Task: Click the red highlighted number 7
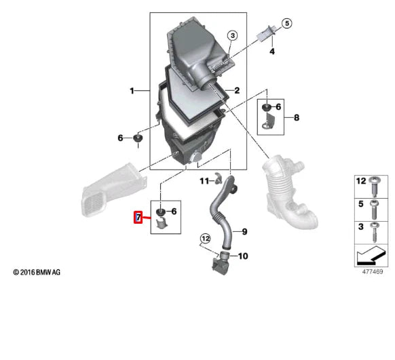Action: tap(138, 218)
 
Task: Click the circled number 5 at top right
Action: tap(286, 23)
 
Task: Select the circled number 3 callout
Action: tap(231, 35)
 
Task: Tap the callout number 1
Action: tap(134, 90)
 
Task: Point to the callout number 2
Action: tap(238, 90)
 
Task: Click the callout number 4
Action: tap(271, 52)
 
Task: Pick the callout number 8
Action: tap(296, 117)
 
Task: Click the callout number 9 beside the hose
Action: tap(244, 232)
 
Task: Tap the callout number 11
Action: tap(203, 181)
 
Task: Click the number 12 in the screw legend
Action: tap(361, 181)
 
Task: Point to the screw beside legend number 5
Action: tap(375, 204)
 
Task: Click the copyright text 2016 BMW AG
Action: tap(37, 272)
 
